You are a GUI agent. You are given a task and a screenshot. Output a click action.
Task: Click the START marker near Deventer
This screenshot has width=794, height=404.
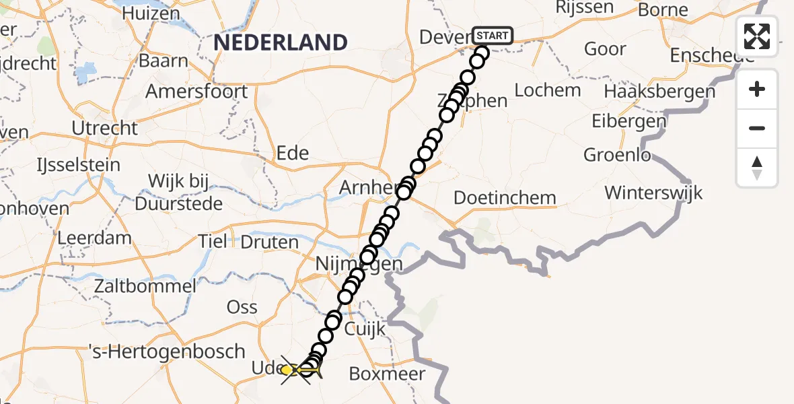[493, 36]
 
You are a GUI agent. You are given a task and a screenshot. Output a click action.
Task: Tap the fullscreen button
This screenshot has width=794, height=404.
[757, 36]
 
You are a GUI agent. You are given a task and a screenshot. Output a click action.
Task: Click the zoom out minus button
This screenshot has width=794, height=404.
[757, 128]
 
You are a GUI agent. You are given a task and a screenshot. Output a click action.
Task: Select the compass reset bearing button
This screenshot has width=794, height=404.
[757, 168]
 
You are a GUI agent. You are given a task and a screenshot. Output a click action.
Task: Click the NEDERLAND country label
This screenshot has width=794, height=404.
[281, 42]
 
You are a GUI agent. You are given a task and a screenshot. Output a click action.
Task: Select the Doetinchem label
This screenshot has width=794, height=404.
[505, 198]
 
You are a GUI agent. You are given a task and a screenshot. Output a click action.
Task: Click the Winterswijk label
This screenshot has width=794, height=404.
[653, 193]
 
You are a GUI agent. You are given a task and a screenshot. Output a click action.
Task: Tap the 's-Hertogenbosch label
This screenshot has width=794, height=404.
[167, 351]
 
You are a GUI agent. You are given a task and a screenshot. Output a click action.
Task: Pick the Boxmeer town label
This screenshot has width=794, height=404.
[387, 374]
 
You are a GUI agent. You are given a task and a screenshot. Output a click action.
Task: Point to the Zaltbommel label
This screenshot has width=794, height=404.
[145, 285]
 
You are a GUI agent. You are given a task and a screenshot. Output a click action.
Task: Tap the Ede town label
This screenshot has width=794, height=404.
[293, 154]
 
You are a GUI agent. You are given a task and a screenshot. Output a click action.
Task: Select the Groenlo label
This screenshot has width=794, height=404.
[617, 156]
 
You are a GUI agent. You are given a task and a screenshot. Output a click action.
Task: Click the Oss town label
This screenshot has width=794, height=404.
[242, 307]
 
